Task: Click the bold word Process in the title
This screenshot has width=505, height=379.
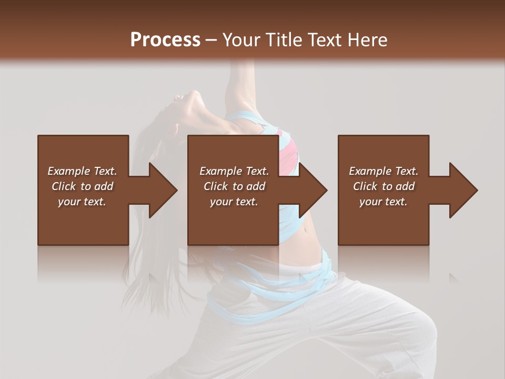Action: click(x=165, y=39)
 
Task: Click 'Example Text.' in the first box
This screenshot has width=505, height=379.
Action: click(x=82, y=171)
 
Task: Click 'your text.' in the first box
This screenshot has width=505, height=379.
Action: click(x=82, y=202)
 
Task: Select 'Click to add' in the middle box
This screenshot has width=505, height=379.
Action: click(x=234, y=186)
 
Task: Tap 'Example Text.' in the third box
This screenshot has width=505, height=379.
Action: click(x=383, y=171)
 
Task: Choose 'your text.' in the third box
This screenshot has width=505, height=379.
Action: click(x=383, y=202)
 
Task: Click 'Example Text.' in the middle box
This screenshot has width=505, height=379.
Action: click(x=234, y=171)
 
